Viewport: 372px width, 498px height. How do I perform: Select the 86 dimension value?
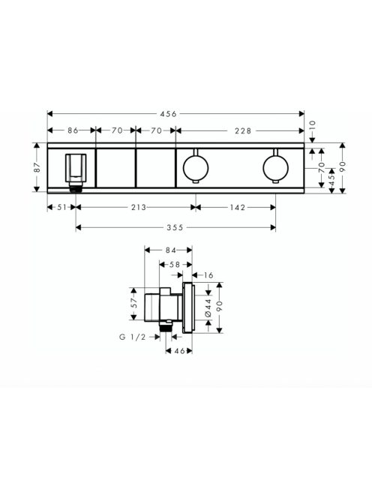pos(73,130)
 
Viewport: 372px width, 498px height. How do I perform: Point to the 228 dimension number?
pos(241,130)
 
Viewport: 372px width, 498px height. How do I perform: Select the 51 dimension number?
pos(62,209)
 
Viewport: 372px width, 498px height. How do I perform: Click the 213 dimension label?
pos(136,209)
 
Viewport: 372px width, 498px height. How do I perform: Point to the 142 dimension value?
pos(233,209)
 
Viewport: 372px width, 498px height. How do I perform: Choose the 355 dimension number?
pos(174,227)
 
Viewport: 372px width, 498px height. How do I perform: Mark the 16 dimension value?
pos(208,275)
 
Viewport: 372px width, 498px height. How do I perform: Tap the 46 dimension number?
pos(179,350)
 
